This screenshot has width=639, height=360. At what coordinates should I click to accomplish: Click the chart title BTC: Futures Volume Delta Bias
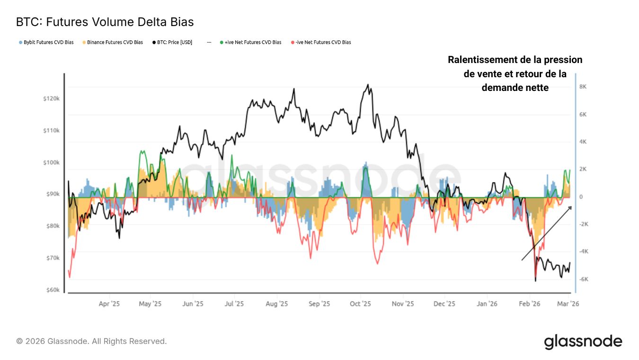click(105, 22)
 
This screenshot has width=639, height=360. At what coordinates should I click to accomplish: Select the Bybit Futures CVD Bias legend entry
click(46, 42)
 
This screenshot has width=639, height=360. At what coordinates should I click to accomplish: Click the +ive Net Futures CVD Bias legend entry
click(250, 42)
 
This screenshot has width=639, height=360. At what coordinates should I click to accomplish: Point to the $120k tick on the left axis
click(51, 99)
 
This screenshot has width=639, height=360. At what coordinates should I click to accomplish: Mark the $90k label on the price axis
click(51, 194)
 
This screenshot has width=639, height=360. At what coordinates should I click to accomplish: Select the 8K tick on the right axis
click(583, 87)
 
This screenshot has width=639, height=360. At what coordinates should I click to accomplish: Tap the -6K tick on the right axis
click(583, 279)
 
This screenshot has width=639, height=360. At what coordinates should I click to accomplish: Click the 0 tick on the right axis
click(581, 197)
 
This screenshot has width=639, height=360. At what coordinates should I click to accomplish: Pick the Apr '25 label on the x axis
click(109, 304)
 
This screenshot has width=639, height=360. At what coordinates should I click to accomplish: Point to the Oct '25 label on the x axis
click(360, 304)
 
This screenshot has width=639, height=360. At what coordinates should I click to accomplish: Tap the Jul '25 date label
click(234, 304)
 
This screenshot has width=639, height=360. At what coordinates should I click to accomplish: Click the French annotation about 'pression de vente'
click(515, 73)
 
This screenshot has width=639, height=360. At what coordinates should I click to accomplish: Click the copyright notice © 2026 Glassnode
click(91, 341)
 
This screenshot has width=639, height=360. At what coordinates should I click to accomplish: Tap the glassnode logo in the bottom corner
click(583, 342)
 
